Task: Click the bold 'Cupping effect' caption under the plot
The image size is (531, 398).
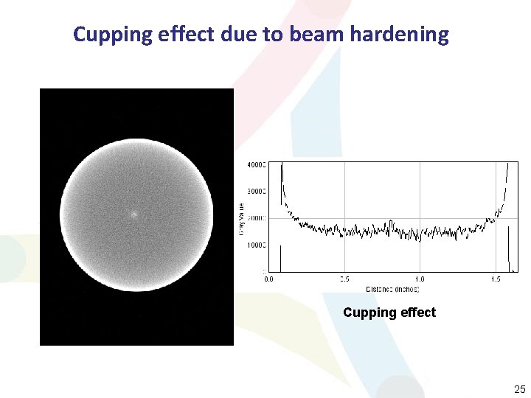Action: (389, 313)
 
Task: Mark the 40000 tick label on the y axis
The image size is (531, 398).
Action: (255, 165)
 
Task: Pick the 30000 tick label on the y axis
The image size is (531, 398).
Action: (255, 191)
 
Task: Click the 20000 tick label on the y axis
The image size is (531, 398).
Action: (255, 218)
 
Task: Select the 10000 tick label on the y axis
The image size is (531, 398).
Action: (255, 245)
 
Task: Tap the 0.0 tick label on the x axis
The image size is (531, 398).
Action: (268, 279)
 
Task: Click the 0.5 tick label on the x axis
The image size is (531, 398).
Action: (344, 279)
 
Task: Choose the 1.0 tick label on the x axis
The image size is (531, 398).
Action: (420, 279)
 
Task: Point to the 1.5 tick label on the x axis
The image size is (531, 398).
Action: (495, 279)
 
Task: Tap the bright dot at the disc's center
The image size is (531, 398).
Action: (133, 215)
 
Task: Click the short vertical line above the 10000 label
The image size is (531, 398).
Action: (281, 258)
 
